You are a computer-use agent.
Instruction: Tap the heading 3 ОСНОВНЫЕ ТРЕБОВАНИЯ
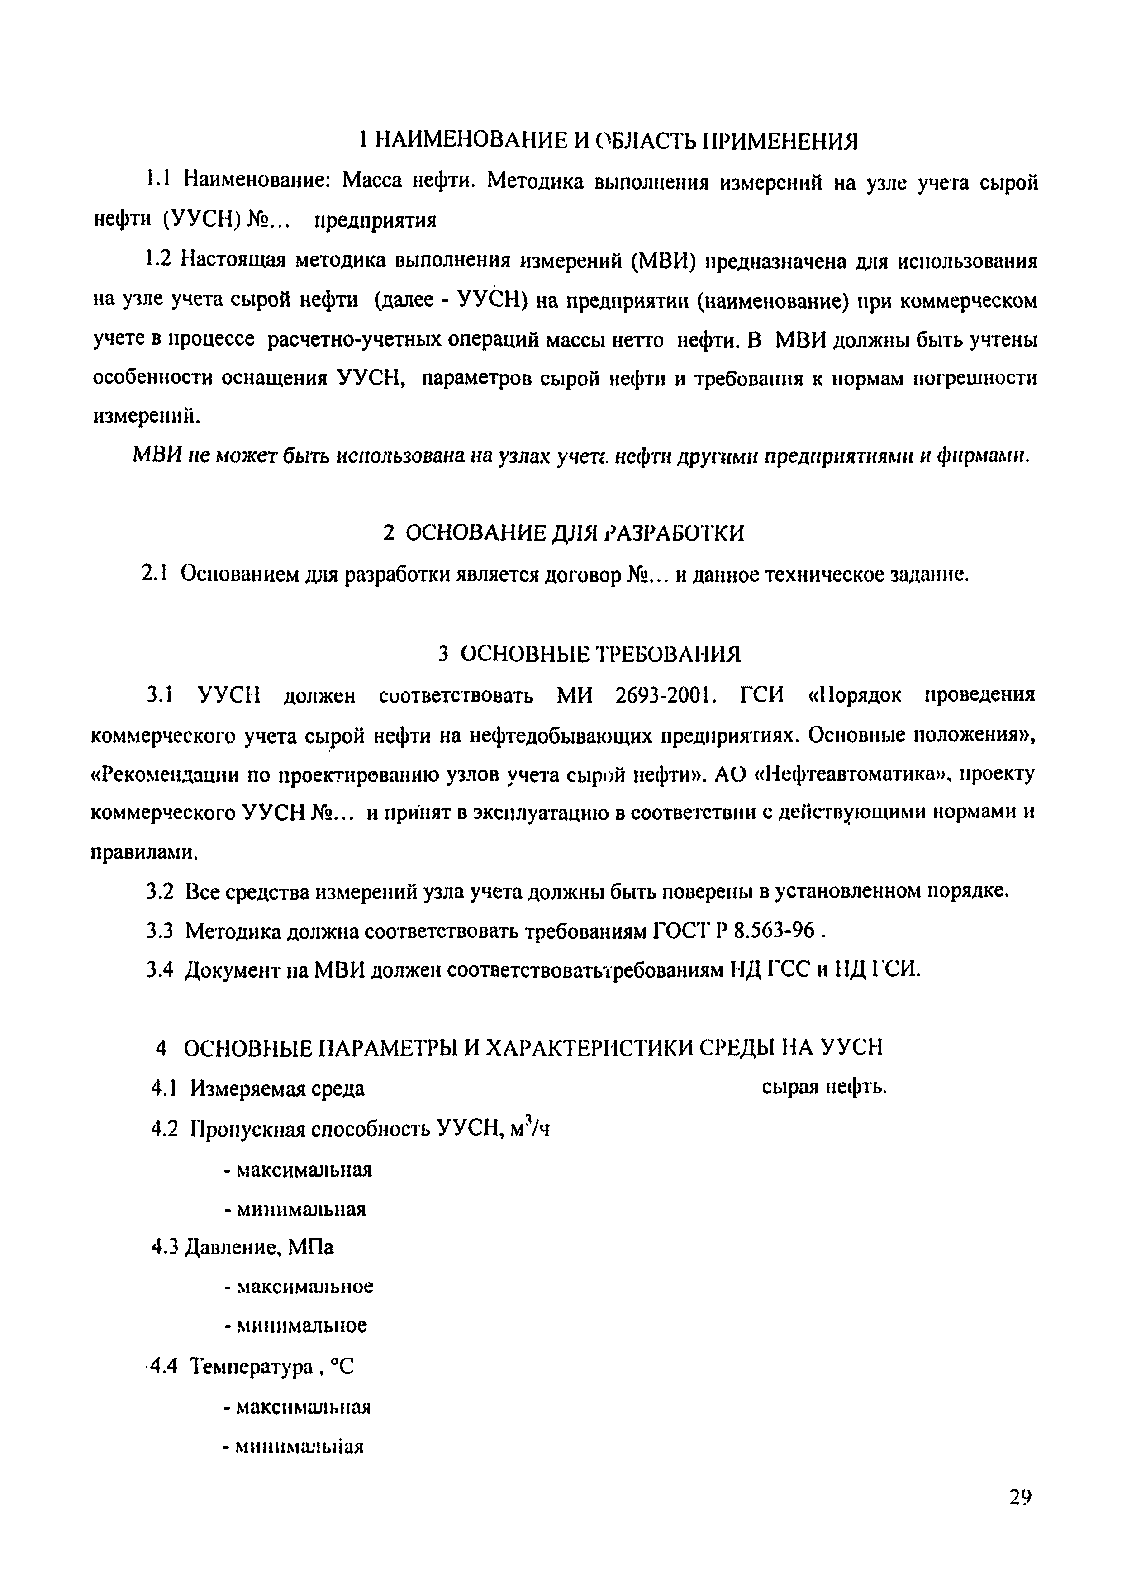tap(590, 653)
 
